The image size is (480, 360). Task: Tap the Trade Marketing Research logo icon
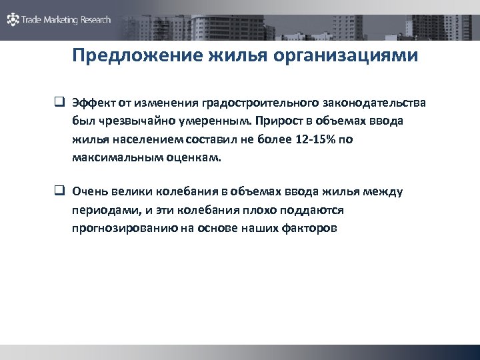point(13,20)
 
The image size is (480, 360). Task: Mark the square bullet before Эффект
point(59,103)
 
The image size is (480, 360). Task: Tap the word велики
point(128,193)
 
